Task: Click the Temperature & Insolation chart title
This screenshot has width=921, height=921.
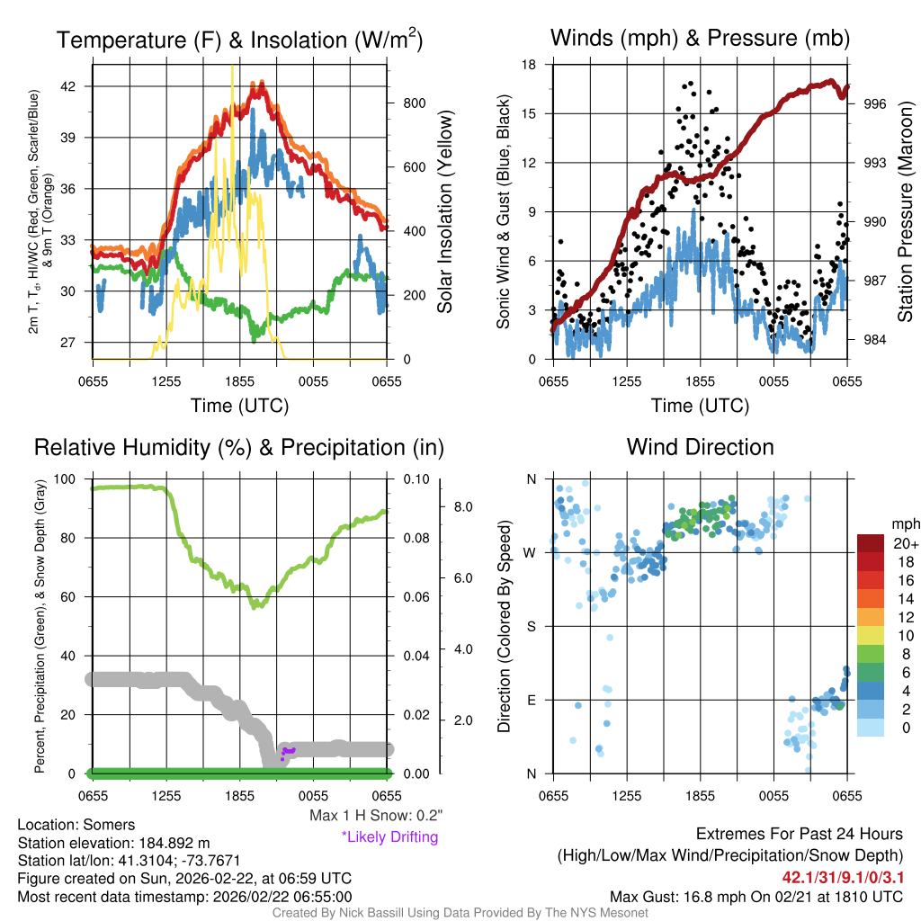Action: coord(239,40)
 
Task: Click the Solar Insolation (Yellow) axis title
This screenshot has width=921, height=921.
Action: coord(445,212)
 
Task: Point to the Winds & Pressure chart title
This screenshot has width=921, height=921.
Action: coord(700,39)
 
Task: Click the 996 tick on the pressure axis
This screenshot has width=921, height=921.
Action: coord(875,104)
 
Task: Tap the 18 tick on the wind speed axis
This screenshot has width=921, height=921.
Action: coord(530,65)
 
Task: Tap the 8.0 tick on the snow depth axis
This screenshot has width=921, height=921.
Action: coord(463,507)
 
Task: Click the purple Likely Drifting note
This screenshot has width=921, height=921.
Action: coord(389,837)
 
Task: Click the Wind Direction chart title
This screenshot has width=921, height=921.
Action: coord(700,448)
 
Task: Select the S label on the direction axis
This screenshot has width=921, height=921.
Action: coord(531,626)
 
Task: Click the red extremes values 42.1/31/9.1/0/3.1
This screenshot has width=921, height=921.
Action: coord(842,875)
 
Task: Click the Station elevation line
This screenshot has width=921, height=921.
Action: coord(113,843)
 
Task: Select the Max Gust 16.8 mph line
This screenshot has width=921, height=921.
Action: coord(756,896)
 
